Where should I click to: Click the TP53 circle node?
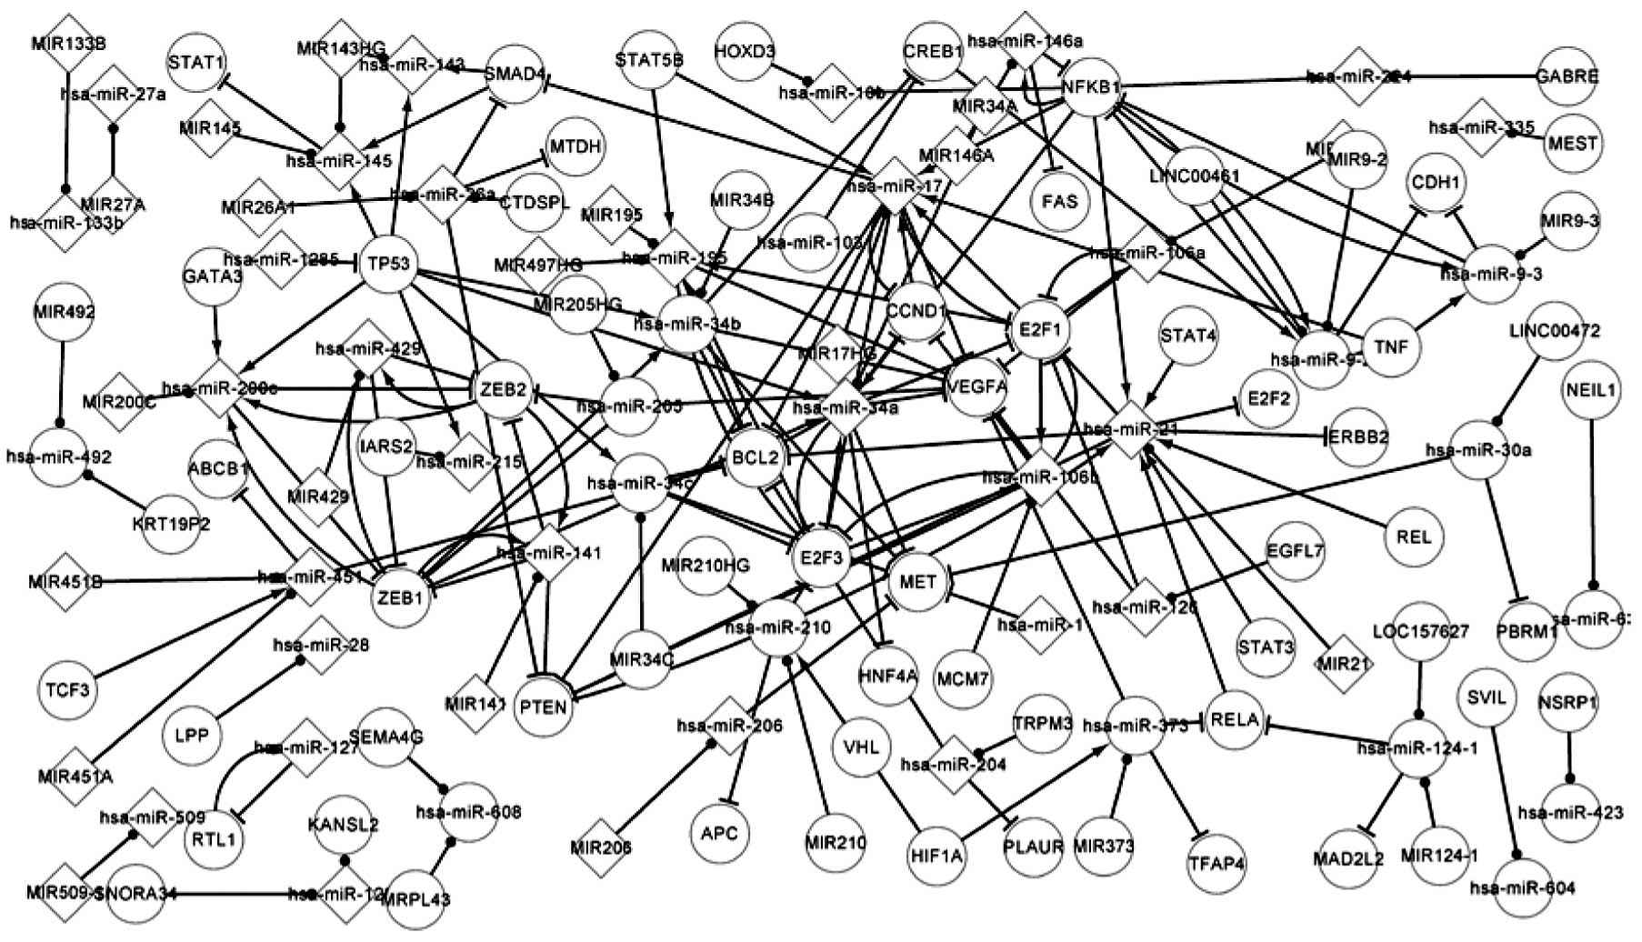[x=389, y=265]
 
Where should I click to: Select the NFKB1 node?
[x=1091, y=87]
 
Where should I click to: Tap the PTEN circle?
[x=544, y=706]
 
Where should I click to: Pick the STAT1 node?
[x=196, y=63]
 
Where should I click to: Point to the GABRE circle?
[x=1567, y=76]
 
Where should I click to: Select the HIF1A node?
[x=937, y=855]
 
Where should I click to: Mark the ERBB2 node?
[x=1358, y=437]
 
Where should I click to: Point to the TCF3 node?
[x=67, y=688]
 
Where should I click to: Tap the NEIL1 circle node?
[x=1591, y=391]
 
